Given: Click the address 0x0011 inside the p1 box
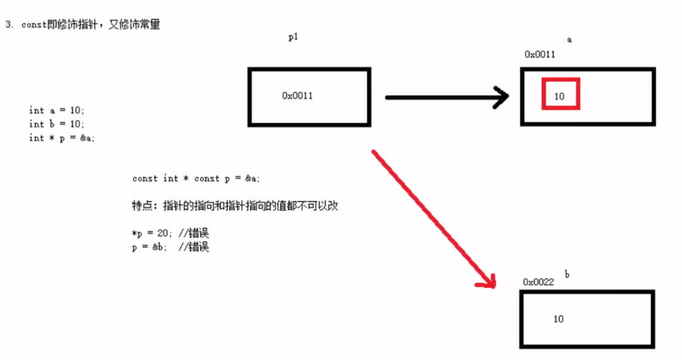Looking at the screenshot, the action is pos(298,96).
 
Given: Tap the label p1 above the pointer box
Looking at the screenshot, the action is pos(293,37).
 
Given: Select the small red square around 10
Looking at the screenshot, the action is pos(560,95).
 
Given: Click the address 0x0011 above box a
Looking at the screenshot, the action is pos(539,54).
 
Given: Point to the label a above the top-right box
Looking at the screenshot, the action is pos(569,40).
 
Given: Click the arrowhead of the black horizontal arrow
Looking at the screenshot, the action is pos(503,97).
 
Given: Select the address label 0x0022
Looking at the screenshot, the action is pos(538,282).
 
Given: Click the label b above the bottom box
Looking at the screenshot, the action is pos(567,275).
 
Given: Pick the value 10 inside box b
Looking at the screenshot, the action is pos(558,319).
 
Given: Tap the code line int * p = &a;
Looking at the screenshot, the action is pos(62,138).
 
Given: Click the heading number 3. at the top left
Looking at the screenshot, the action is pos(9,25).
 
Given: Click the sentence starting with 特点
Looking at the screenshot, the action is pos(235,206).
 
